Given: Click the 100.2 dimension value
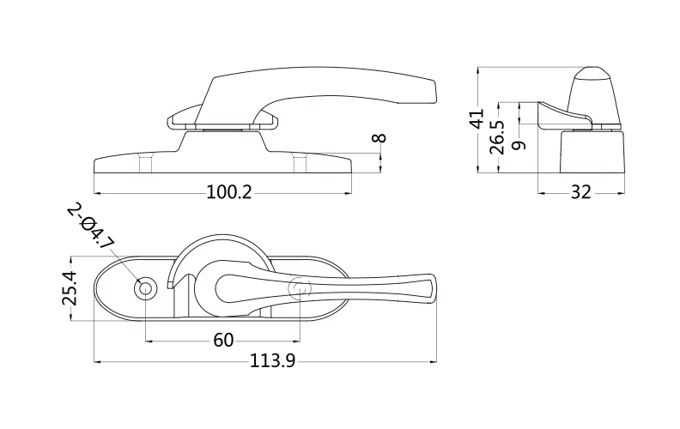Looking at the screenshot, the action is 228,192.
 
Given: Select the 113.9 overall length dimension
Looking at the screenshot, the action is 272,360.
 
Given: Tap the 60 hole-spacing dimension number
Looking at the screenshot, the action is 223,341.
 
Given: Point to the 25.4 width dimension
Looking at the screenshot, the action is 70,287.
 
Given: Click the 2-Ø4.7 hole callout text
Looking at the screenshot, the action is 91,226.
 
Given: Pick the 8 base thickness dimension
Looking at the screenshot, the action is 379,138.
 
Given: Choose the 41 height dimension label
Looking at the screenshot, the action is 477,118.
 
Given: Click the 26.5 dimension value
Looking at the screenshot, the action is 497,137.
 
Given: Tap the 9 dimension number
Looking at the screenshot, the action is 519,145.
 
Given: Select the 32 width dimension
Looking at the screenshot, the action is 580,192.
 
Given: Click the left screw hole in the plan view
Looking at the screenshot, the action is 145,288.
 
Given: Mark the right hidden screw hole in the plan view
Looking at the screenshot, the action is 300,288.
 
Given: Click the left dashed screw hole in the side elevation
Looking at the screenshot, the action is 146,161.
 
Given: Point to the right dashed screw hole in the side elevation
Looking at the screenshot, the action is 300,161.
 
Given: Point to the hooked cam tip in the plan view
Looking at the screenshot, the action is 171,284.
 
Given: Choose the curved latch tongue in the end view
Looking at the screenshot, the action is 564,115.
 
